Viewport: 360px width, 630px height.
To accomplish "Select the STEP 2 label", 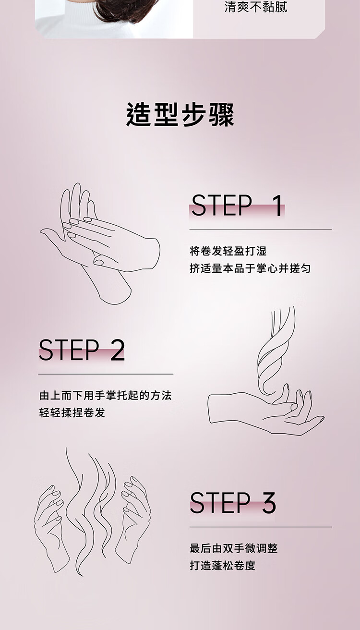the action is tap(82, 350).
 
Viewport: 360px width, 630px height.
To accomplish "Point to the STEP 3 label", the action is tap(233, 503).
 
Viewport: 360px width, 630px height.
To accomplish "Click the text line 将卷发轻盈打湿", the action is tap(228, 251).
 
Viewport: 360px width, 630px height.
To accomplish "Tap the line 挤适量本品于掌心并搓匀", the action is tap(250, 268).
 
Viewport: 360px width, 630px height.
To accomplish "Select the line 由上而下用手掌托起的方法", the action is tap(106, 396).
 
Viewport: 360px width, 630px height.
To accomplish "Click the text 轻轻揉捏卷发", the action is tap(72, 413).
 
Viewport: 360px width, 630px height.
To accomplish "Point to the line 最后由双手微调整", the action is tap(233, 548).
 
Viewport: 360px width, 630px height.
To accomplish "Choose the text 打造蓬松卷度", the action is tap(222, 566).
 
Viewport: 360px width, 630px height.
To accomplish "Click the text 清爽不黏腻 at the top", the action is tap(256, 7).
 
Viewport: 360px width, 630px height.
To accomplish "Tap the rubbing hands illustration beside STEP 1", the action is tap(100, 243).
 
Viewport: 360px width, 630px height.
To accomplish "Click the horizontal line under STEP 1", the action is tap(261, 230).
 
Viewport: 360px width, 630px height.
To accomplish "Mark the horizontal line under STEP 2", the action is tap(106, 374).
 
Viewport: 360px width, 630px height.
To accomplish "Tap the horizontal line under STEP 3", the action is tap(261, 527).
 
